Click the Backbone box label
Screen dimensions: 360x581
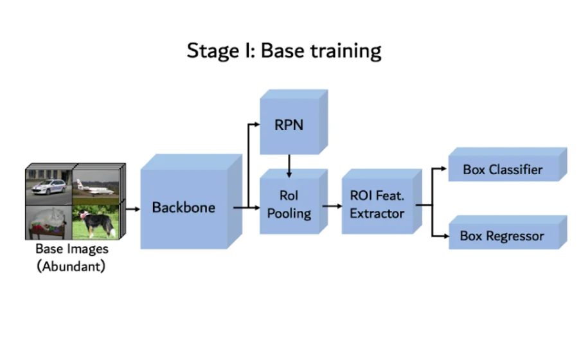tap(183, 208)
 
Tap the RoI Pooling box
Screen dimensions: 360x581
tap(289, 204)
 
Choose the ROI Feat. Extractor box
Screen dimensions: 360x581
tap(377, 204)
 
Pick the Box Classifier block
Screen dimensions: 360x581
tap(503, 170)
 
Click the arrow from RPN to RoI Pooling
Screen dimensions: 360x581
tap(289, 166)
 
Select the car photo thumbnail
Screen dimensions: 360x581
tap(49, 185)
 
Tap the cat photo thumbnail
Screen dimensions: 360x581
tap(49, 222)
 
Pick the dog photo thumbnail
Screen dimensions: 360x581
tap(96, 222)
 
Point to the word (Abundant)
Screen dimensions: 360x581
tap(71, 264)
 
